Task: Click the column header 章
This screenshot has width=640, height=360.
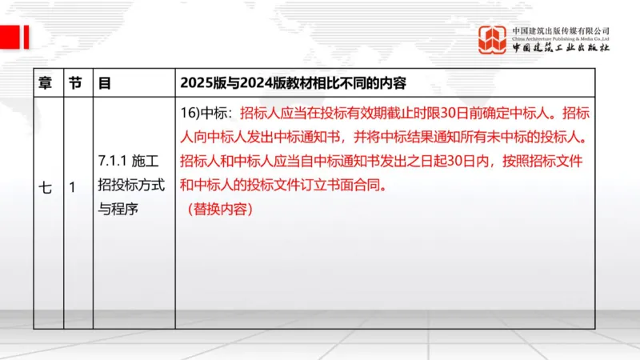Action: point(46,82)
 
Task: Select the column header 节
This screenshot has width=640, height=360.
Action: point(74,82)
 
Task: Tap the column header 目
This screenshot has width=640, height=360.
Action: point(104,82)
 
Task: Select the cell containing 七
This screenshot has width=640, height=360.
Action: point(46,189)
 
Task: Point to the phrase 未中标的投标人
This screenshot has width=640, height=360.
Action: point(544,137)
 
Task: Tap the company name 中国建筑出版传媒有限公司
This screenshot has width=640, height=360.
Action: point(561,29)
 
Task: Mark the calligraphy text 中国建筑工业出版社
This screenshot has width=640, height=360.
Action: point(561,49)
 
